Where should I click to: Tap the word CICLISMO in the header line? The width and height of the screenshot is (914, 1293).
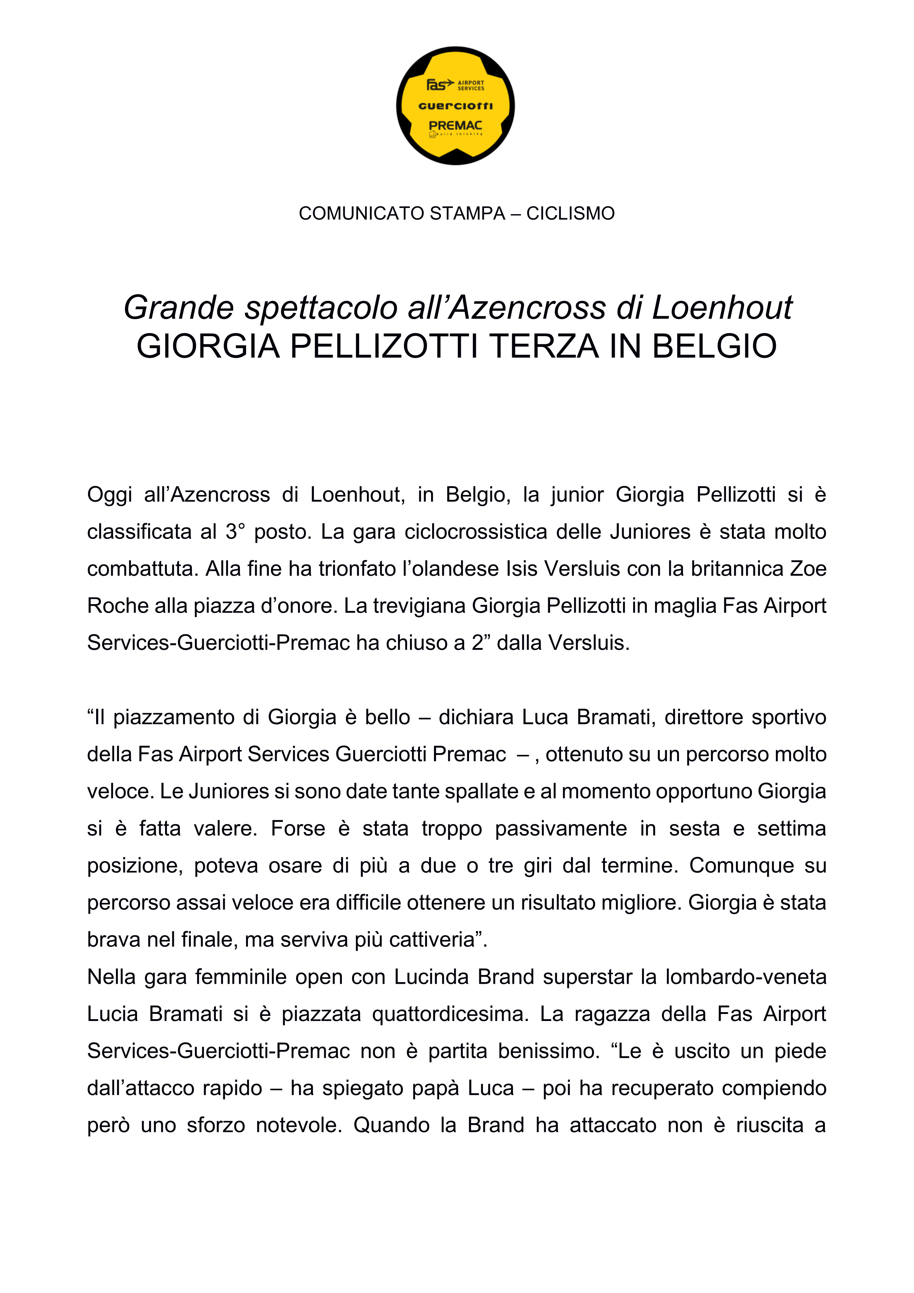click(x=570, y=213)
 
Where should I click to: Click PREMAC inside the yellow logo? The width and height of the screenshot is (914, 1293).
click(x=455, y=126)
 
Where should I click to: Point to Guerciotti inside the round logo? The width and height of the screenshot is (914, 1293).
click(x=455, y=106)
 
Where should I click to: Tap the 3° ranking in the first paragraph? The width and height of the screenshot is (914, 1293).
click(x=235, y=532)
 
